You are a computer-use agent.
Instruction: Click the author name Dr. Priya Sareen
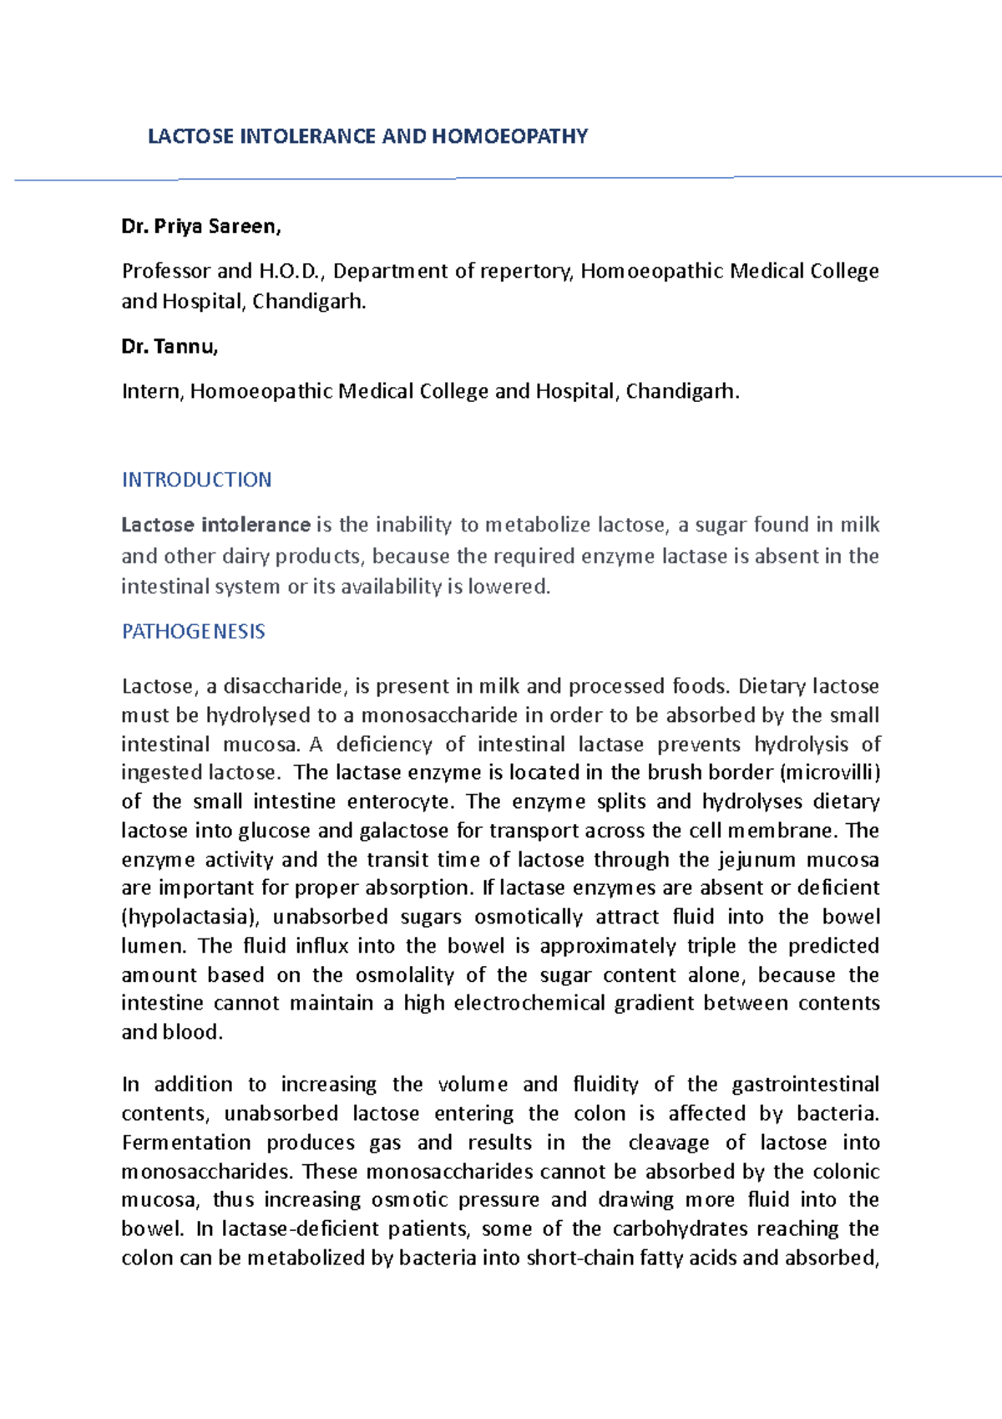[x=201, y=226]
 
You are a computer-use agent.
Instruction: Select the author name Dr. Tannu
[x=170, y=347]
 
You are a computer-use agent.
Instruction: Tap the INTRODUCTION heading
[x=196, y=480]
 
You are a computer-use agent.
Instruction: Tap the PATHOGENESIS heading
[x=193, y=632]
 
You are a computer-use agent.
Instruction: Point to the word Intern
[x=152, y=391]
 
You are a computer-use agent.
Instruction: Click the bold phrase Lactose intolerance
[x=215, y=525]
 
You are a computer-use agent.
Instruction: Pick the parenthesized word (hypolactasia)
[x=191, y=917]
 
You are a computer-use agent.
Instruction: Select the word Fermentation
[x=186, y=1142]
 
